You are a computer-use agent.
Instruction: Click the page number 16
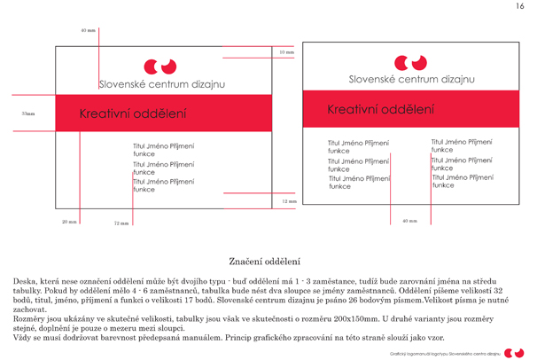pos(520,7)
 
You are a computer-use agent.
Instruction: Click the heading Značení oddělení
pos(265,262)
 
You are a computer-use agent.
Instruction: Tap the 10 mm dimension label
pos(287,53)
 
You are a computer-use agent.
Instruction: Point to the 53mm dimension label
pos(28,113)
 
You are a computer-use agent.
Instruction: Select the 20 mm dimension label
pos(70,222)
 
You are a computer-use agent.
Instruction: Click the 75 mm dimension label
pos(121,223)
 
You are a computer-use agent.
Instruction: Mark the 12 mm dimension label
pos(289,201)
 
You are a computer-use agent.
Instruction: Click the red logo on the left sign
pos(160,66)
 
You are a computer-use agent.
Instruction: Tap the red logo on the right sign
pos(409,62)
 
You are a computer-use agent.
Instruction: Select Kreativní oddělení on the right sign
pos(381,110)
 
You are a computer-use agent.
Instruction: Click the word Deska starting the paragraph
pos(26,281)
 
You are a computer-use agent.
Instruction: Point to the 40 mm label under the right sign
pos(409,220)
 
